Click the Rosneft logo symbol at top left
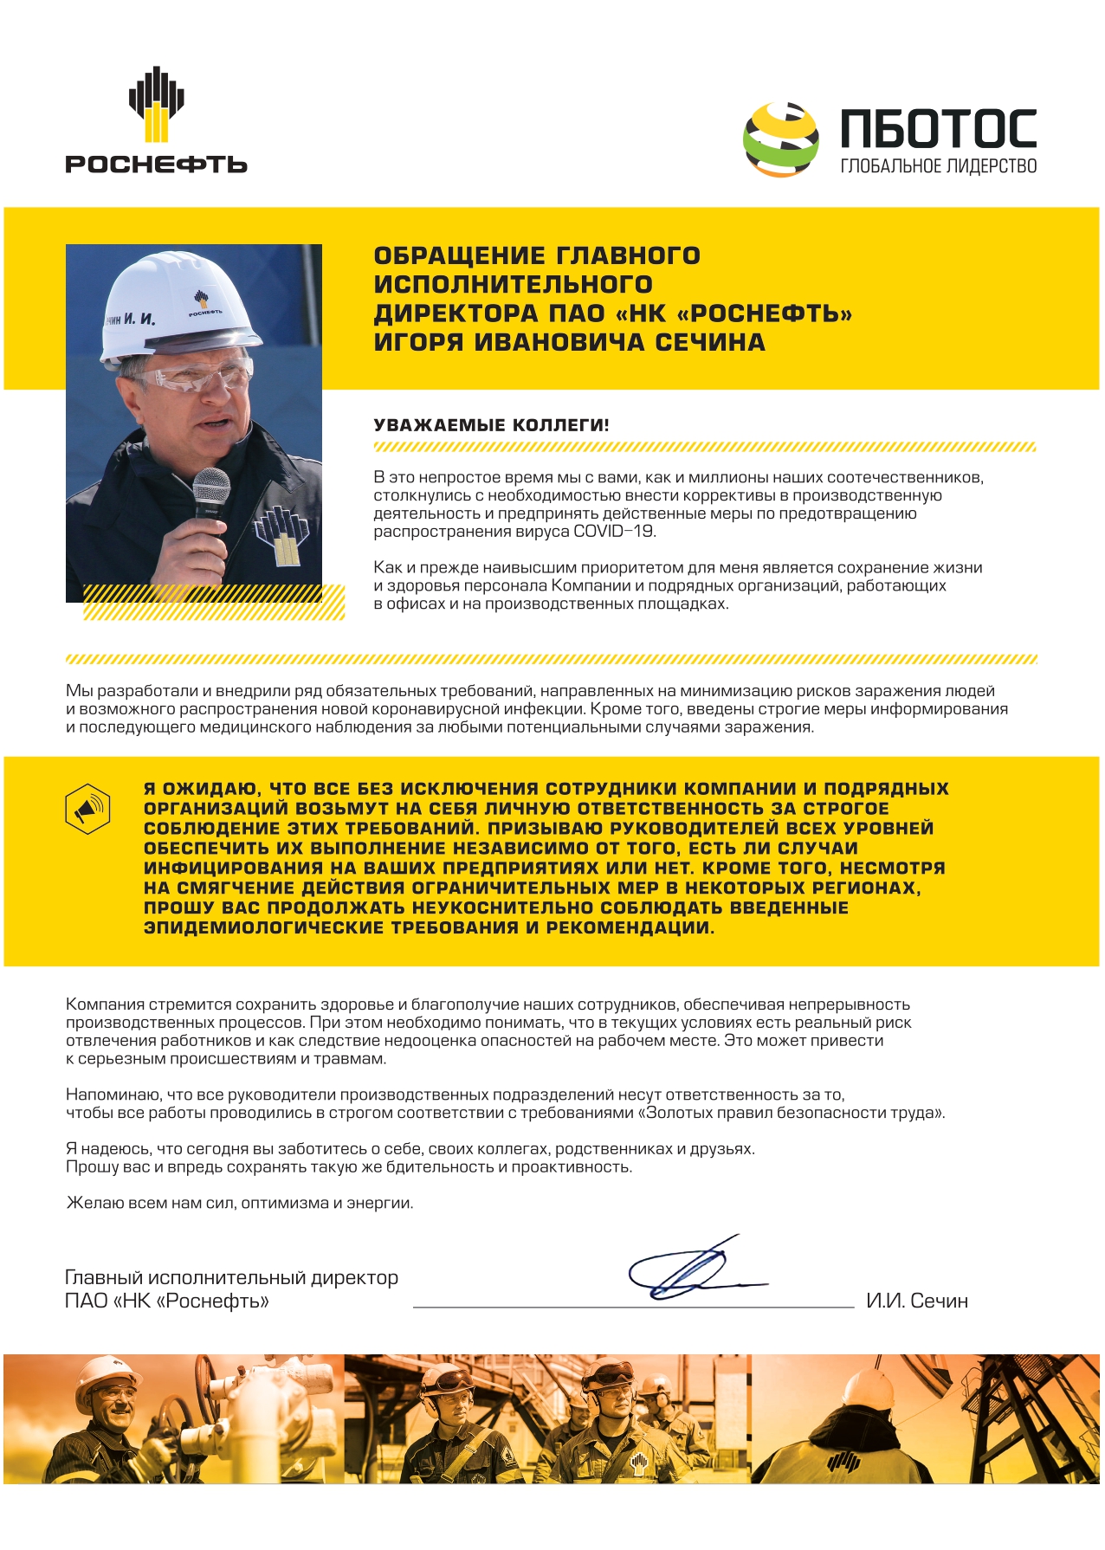[156, 104]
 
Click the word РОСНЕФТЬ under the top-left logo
[156, 164]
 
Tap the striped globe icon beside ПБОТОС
[781, 139]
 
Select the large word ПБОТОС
[938, 129]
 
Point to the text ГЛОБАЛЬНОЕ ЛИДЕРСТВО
[938, 166]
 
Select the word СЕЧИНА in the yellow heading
[709, 342]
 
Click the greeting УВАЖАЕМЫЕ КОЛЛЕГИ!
[491, 425]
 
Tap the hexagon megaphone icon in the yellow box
[87, 809]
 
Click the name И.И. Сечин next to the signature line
[916, 1301]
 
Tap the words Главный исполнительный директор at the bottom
[231, 1277]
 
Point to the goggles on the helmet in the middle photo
[611, 1374]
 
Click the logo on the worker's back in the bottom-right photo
[843, 1463]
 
